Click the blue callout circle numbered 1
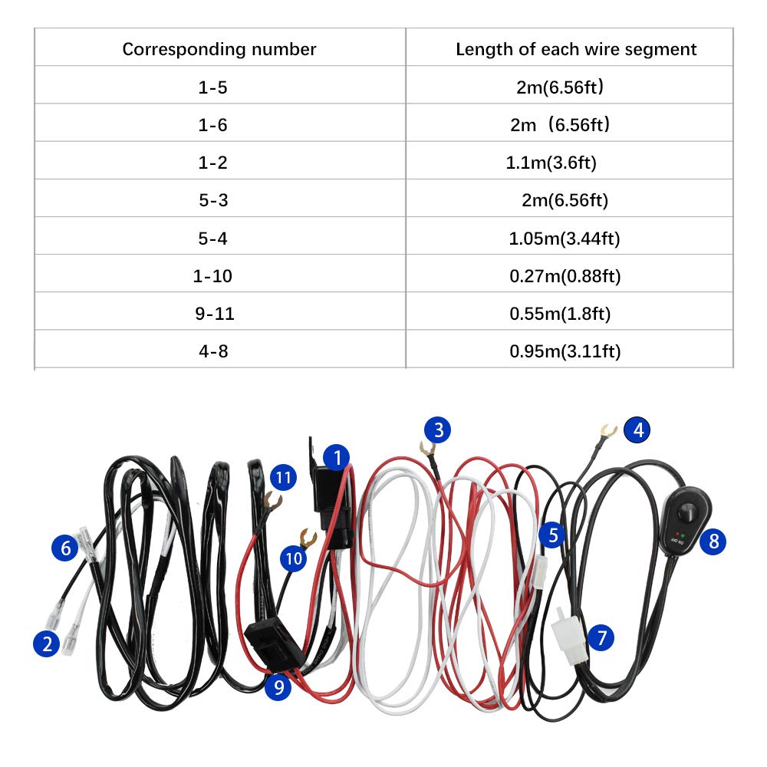coord(337,457)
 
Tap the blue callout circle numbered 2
coord(47,644)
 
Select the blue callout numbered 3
coord(437,430)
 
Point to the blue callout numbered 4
coord(637,430)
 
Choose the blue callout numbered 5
coord(552,535)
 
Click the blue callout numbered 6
coord(65,548)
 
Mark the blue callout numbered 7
coord(601,637)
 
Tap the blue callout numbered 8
coord(713,541)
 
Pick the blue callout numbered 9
coord(278,686)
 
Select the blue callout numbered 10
coord(294,558)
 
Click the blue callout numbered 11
coord(283,477)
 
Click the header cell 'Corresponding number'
coord(219,49)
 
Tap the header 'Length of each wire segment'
coord(576,49)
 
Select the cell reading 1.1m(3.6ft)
coord(551,163)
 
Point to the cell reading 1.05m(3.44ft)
coord(565,239)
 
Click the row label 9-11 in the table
coord(215,314)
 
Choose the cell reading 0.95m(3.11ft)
coord(565,351)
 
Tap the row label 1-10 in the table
coord(212,276)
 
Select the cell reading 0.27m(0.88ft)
coord(565,276)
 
